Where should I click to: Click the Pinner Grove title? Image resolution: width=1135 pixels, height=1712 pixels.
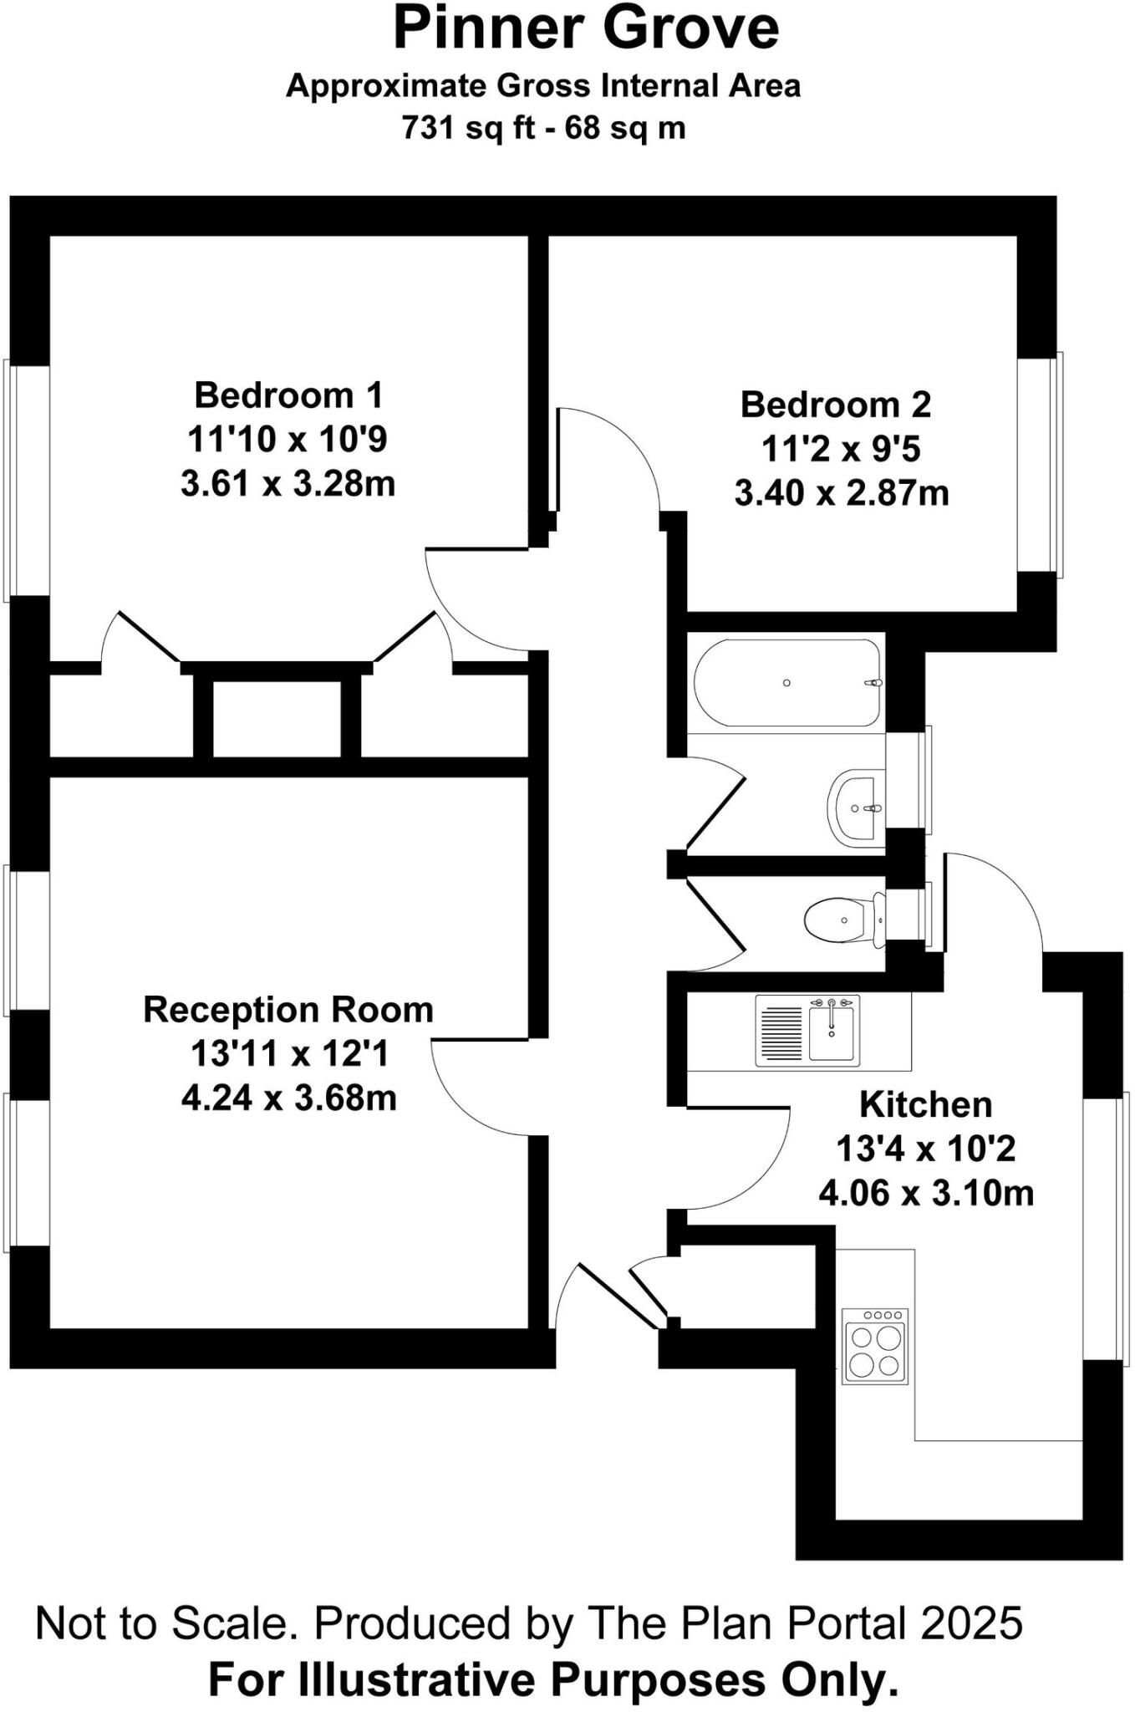(x=586, y=30)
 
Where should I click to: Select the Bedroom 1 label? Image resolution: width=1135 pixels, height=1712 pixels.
(x=288, y=395)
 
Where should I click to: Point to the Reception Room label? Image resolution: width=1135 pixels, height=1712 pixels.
(x=288, y=1010)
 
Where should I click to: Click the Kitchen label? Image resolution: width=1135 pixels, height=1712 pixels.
(x=925, y=1105)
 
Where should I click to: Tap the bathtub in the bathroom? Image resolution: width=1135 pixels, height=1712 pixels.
(x=786, y=683)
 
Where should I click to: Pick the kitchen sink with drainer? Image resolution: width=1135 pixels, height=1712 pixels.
(x=807, y=1030)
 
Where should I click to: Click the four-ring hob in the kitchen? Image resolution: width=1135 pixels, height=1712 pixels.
(x=875, y=1346)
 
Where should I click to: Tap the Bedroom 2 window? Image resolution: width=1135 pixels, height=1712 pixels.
(x=1039, y=466)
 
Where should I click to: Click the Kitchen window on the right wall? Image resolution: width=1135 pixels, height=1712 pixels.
(x=1106, y=1228)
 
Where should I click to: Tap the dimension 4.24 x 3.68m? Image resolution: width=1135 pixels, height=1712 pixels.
(x=288, y=1098)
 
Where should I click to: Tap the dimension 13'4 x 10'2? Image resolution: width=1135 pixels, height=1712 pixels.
(x=925, y=1149)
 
